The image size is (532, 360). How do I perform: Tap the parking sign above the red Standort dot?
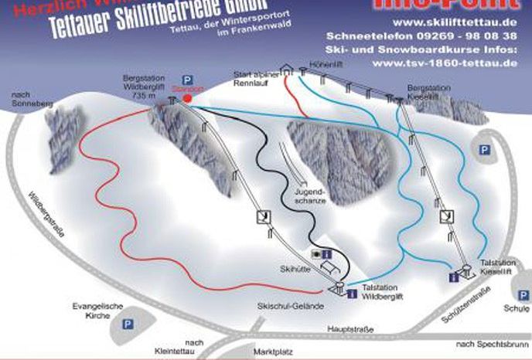(186, 80)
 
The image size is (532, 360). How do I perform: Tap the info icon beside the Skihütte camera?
(327, 253)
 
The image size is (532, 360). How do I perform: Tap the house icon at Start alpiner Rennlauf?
(287, 70)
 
